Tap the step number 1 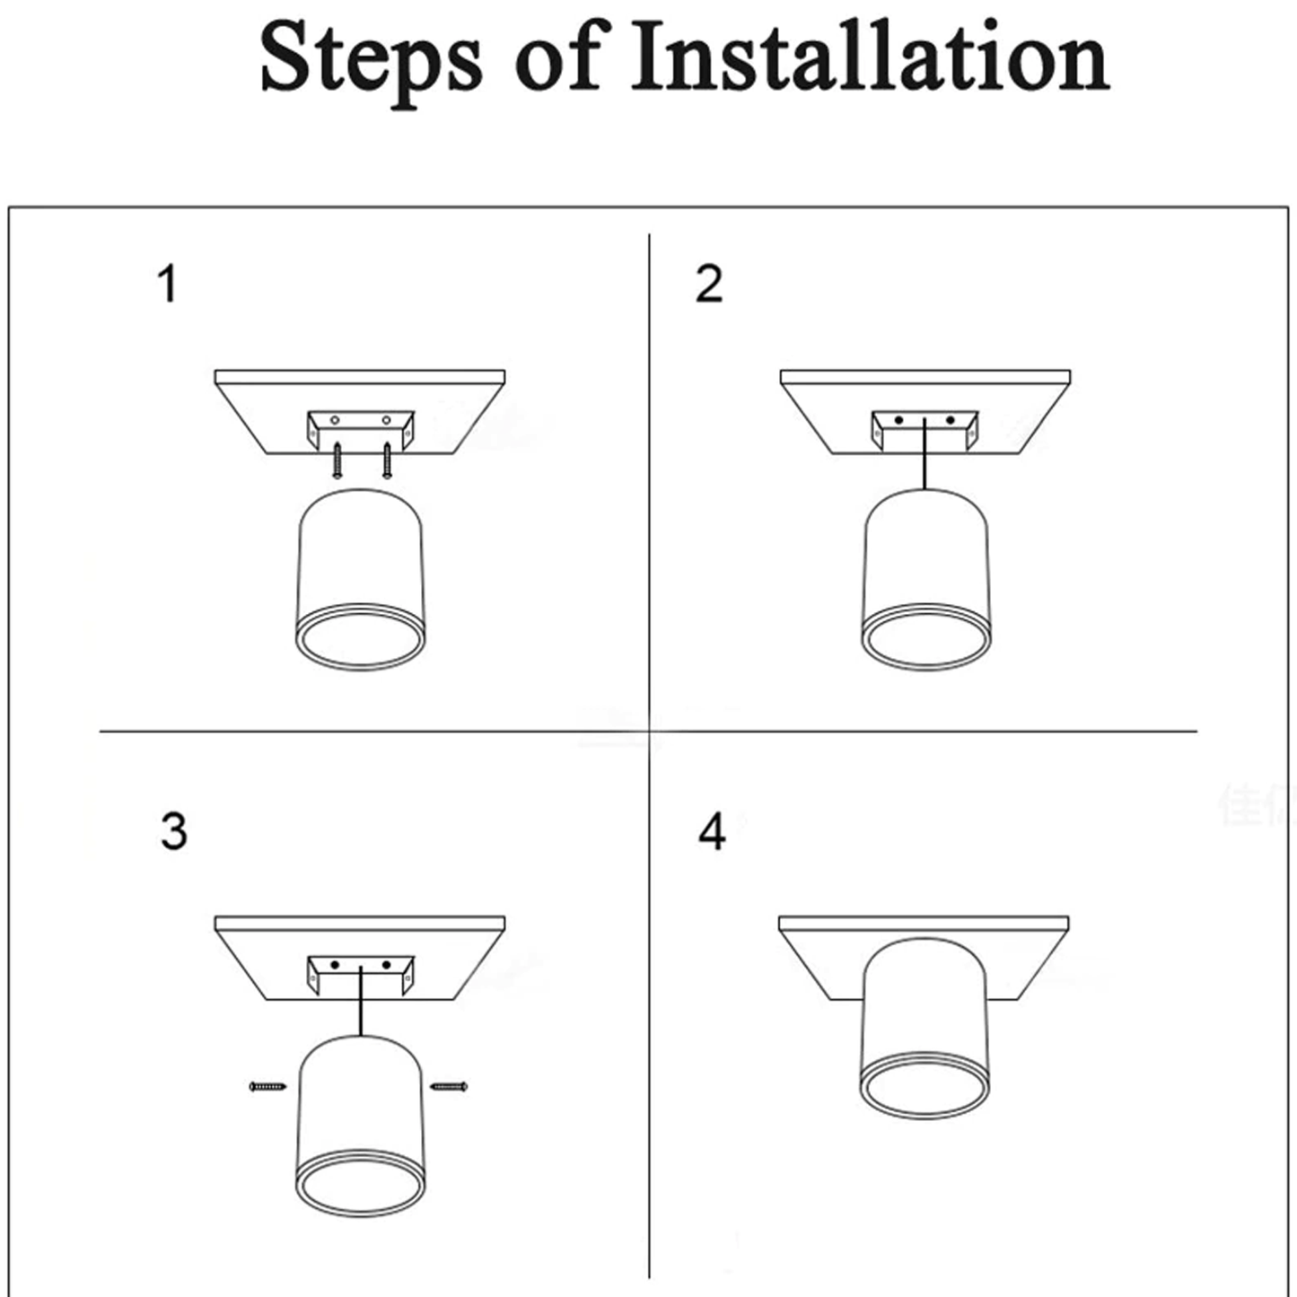click(x=168, y=284)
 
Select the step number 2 click(x=709, y=284)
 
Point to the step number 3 click(x=173, y=831)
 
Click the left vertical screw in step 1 click(x=337, y=460)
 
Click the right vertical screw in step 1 click(x=386, y=460)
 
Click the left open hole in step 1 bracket click(x=335, y=421)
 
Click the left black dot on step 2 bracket click(x=898, y=421)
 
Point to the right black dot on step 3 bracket click(x=386, y=965)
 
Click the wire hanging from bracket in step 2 click(x=925, y=453)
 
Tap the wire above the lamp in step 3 click(x=362, y=1001)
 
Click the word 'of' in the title click(x=556, y=57)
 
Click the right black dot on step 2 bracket click(x=950, y=421)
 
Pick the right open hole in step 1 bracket click(x=386, y=421)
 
